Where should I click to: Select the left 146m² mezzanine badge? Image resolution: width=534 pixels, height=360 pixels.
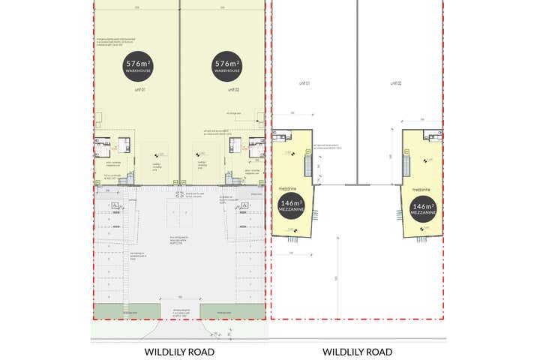click(x=292, y=206)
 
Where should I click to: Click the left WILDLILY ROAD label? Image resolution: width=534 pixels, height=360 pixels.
click(x=179, y=351)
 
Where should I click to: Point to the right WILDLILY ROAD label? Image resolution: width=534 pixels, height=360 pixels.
click(x=357, y=351)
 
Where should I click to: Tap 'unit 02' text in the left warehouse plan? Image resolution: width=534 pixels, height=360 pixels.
click(x=232, y=89)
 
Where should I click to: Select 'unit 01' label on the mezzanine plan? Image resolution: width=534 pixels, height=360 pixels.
click(x=304, y=83)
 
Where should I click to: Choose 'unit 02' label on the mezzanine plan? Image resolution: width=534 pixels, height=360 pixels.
click(x=395, y=83)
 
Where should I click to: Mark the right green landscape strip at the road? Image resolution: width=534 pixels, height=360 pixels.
click(x=232, y=310)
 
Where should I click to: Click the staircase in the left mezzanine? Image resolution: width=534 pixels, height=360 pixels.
click(x=306, y=163)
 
